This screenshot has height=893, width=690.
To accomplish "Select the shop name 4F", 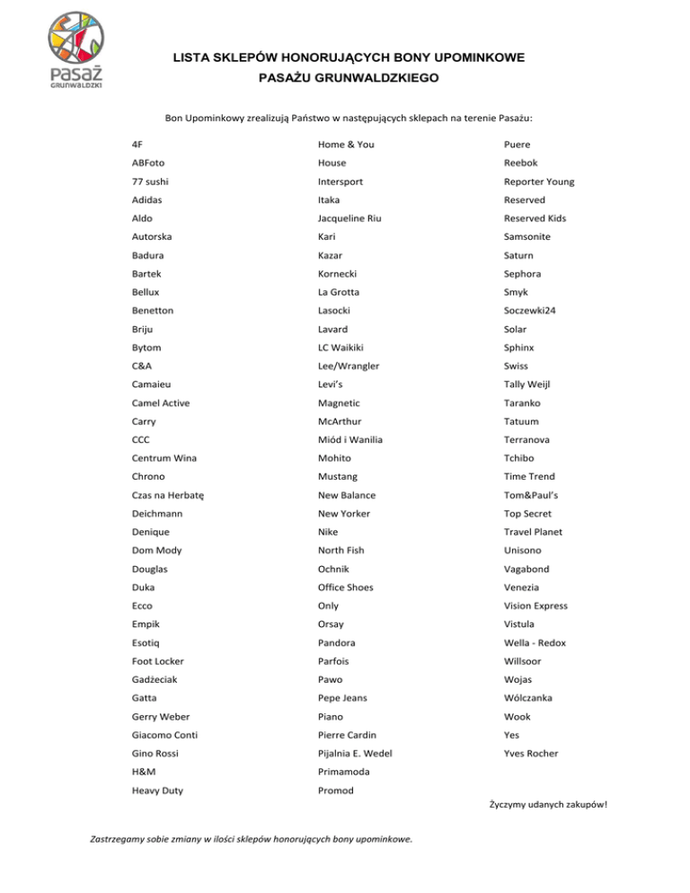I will point(137,144).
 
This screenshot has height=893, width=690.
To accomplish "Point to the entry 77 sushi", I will point(150,181).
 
